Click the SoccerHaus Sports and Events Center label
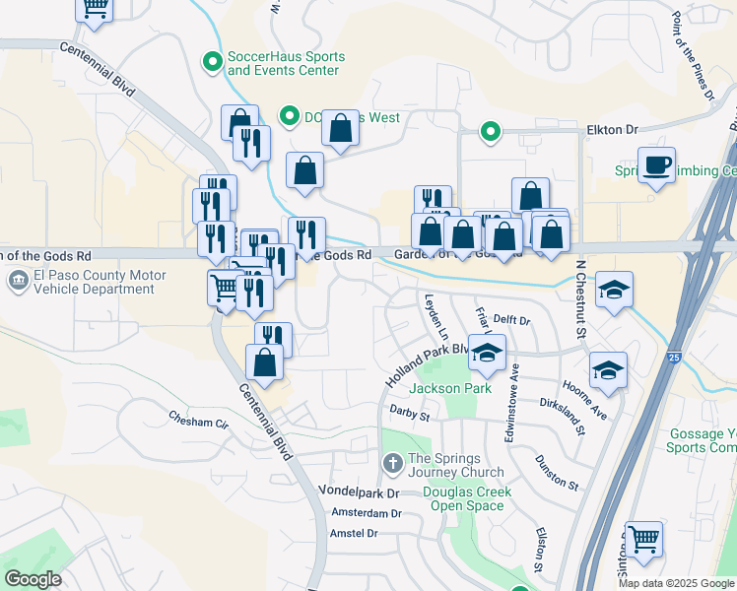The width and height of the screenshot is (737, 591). [284, 63]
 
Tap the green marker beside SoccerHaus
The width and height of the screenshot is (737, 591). [211, 63]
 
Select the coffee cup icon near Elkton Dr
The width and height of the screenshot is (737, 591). [656, 164]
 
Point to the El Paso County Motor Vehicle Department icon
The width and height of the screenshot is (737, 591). [18, 281]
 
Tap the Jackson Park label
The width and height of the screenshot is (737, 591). [450, 388]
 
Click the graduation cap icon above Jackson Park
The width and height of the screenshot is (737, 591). [487, 353]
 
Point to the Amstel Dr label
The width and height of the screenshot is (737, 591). [355, 533]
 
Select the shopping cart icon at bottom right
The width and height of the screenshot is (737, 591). [643, 539]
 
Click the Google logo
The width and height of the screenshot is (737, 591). [33, 579]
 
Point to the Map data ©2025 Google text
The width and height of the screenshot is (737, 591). [675, 583]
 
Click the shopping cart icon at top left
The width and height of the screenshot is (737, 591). [95, 6]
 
